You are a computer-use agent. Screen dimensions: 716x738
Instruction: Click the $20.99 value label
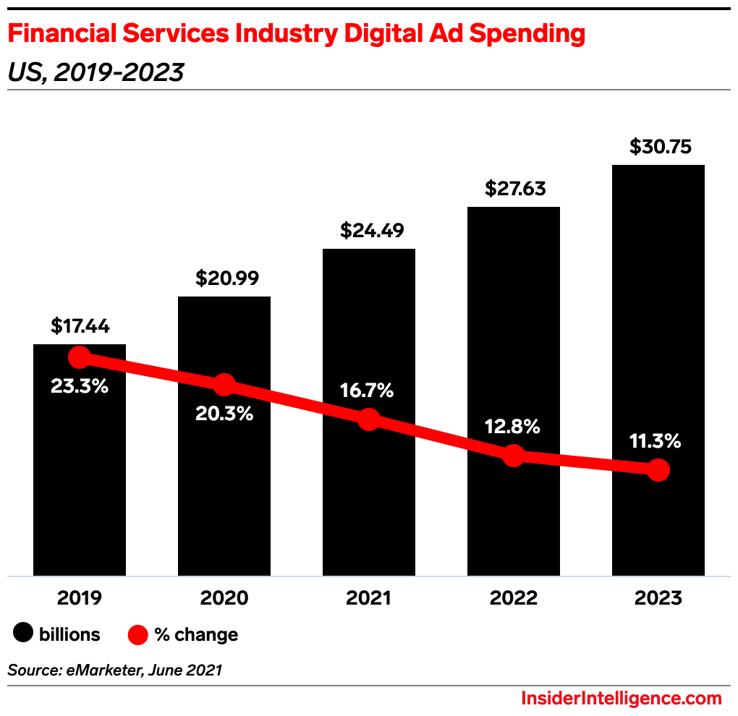224,278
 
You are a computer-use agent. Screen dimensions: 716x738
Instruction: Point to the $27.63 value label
514,189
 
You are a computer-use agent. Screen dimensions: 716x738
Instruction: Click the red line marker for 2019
80,357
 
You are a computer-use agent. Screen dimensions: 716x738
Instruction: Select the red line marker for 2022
514,456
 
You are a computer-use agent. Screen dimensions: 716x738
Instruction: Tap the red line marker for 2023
658,470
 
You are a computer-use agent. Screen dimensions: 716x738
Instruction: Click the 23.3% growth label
80,386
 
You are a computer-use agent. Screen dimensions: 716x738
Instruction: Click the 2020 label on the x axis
224,598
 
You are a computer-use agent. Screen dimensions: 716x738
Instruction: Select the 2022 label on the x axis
514,598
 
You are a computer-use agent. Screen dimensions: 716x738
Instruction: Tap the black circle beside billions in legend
24,634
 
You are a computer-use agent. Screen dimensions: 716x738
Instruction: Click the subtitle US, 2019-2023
96,72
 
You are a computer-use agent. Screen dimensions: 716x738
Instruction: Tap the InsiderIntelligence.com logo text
622,699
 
